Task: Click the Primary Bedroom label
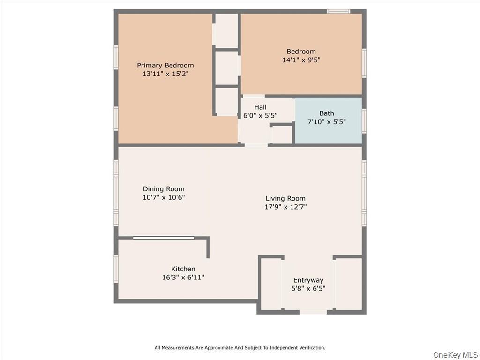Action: (165, 65)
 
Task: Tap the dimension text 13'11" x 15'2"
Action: (165, 74)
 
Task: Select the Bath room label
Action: (327, 113)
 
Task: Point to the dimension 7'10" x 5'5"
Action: (327, 121)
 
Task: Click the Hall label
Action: (260, 107)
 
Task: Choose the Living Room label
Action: (285, 198)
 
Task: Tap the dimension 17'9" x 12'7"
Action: (285, 207)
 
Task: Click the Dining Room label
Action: (164, 189)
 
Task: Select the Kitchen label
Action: (183, 269)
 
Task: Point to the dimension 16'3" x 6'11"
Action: (183, 277)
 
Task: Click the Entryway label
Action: (308, 280)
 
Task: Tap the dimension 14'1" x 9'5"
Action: (301, 60)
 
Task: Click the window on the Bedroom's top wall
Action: (338, 11)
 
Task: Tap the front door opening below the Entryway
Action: (313, 312)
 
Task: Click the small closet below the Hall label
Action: (282, 135)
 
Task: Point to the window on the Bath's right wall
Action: (364, 121)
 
